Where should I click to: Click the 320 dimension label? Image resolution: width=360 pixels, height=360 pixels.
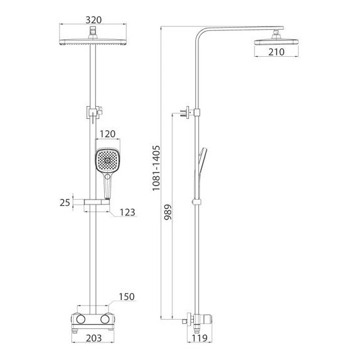93,20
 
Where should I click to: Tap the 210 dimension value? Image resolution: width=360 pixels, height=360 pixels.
277,52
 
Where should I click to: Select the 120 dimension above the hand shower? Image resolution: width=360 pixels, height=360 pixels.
107,134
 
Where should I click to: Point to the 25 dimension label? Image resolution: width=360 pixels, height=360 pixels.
65,203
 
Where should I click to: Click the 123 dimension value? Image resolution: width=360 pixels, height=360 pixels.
128,212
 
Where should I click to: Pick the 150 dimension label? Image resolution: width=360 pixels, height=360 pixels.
126,297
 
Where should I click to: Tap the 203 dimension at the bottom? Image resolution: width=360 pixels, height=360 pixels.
94,338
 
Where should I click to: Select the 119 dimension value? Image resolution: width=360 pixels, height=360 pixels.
200,338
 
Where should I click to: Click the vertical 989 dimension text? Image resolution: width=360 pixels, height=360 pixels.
168,212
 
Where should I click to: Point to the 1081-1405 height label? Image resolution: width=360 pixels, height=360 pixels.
156,168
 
